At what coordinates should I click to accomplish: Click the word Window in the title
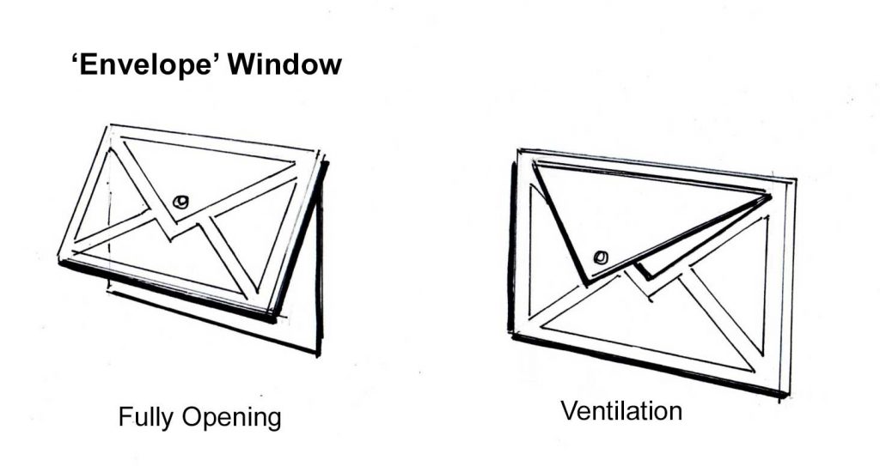[x=285, y=64]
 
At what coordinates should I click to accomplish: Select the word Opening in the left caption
[x=232, y=419]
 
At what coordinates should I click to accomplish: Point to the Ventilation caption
[x=621, y=410]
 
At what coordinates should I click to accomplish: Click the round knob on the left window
[x=180, y=202]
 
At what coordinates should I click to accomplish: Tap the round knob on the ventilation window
[x=601, y=257]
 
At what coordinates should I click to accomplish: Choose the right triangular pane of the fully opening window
[x=258, y=235]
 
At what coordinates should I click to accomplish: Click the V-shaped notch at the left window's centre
[x=171, y=227]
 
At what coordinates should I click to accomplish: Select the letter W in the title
[x=245, y=64]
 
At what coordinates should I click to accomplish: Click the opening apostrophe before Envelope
[x=76, y=57]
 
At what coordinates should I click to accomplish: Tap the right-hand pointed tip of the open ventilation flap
[x=769, y=197]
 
